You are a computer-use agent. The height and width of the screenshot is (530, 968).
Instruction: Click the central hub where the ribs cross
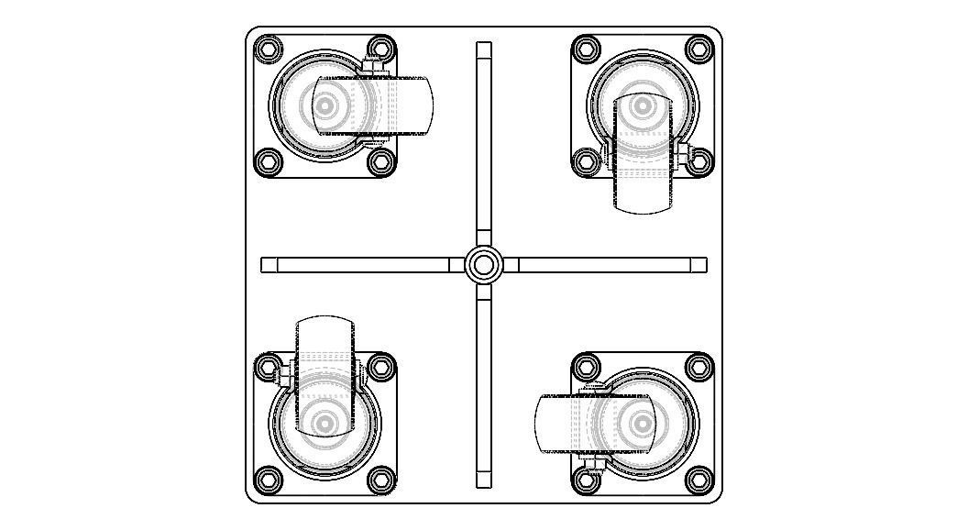click(x=483, y=265)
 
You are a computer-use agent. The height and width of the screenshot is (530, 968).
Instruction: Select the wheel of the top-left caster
click(x=403, y=106)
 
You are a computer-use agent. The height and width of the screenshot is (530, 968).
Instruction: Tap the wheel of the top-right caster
click(x=642, y=183)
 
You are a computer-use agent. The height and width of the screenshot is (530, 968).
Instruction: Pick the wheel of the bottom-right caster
click(x=559, y=424)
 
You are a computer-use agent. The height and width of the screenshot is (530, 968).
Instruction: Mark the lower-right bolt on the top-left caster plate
click(x=380, y=162)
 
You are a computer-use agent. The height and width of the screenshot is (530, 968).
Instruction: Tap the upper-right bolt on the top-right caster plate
click(x=699, y=49)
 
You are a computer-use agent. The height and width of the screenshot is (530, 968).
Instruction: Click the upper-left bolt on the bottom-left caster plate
click(x=267, y=367)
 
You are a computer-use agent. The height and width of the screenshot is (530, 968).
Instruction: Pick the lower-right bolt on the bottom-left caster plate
click(x=380, y=480)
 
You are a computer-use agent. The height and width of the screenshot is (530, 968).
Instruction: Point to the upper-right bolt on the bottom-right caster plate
click(x=699, y=367)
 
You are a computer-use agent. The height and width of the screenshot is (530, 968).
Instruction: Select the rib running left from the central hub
click(x=357, y=265)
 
